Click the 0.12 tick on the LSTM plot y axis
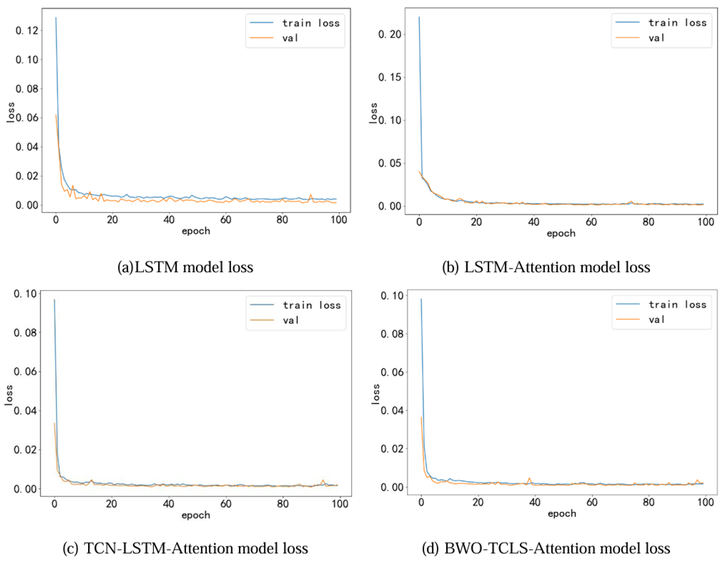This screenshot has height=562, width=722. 27,31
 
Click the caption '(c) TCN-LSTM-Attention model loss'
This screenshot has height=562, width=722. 185,548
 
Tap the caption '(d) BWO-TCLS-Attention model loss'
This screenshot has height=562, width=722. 546,548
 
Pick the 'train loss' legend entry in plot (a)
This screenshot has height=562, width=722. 311,23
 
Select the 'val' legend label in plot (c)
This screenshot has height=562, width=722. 291,320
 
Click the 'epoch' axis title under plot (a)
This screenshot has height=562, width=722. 196,231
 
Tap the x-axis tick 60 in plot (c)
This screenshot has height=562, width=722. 226,504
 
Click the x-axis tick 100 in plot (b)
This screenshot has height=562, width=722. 705,222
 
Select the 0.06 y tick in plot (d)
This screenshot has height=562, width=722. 392,372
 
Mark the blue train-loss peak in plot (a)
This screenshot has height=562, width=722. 56,18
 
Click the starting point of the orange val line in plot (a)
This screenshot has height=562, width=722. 56,115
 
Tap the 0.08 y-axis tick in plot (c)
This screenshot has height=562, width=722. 25,333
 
